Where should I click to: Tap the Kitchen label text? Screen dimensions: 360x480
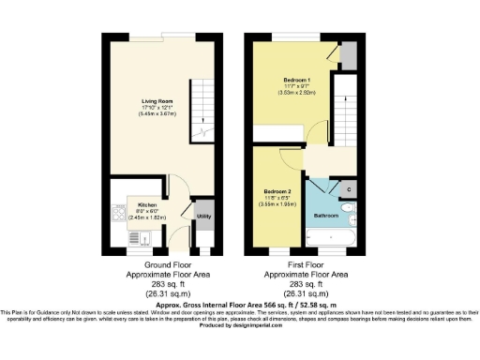(x=147, y=204)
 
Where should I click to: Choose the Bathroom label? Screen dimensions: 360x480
(x=326, y=215)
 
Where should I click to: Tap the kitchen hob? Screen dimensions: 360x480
(x=117, y=217)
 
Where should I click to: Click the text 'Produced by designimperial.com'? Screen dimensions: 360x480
(x=238, y=324)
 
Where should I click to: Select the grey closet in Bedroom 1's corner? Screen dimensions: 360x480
(x=348, y=56)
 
